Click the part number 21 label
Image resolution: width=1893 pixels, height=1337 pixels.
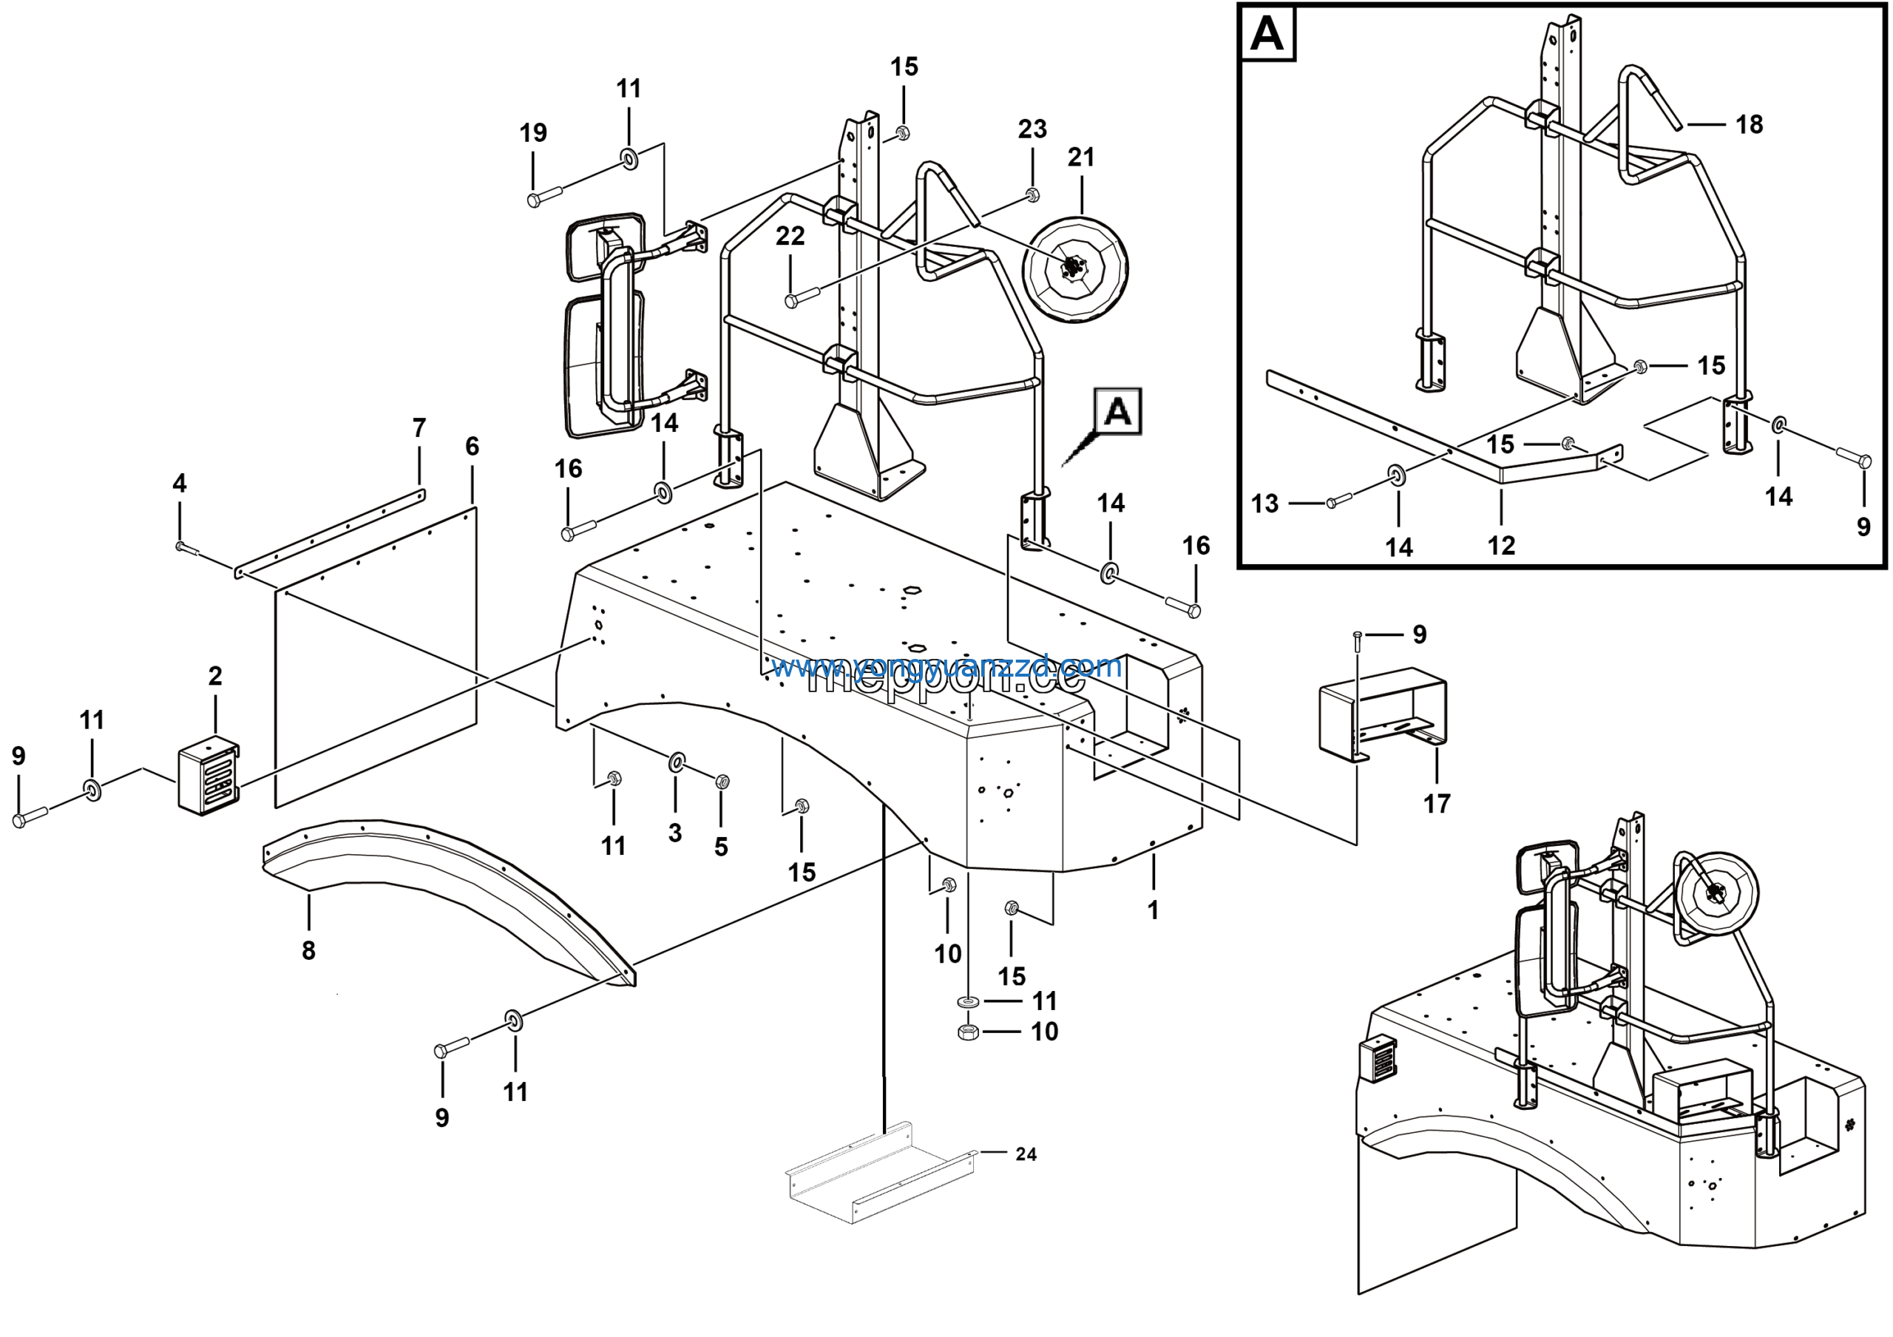coord(1080,158)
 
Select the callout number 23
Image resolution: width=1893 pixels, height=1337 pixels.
coord(1032,129)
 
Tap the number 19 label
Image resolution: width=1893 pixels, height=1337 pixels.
coord(533,132)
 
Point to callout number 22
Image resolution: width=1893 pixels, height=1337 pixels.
coord(790,237)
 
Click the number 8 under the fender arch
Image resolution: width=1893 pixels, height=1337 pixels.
coord(308,950)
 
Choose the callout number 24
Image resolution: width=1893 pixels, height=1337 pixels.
coord(1026,1154)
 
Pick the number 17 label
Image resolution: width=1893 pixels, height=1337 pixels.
coord(1436,804)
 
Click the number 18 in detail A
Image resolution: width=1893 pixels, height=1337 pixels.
coord(1749,125)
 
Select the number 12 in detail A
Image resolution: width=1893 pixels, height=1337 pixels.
coord(1501,545)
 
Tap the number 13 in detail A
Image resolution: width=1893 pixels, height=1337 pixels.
coord(1264,504)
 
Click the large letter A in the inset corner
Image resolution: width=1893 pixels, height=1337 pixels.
coord(1267,35)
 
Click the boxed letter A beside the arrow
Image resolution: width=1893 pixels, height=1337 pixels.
coord(1117,411)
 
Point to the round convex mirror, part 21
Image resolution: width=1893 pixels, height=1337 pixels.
coord(1074,269)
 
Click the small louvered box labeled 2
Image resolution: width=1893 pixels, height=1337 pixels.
coord(209,779)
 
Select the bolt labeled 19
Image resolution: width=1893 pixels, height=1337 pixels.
coord(544,196)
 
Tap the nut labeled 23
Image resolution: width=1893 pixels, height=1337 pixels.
coord(1032,194)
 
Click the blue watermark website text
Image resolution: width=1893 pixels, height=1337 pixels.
coord(946,666)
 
